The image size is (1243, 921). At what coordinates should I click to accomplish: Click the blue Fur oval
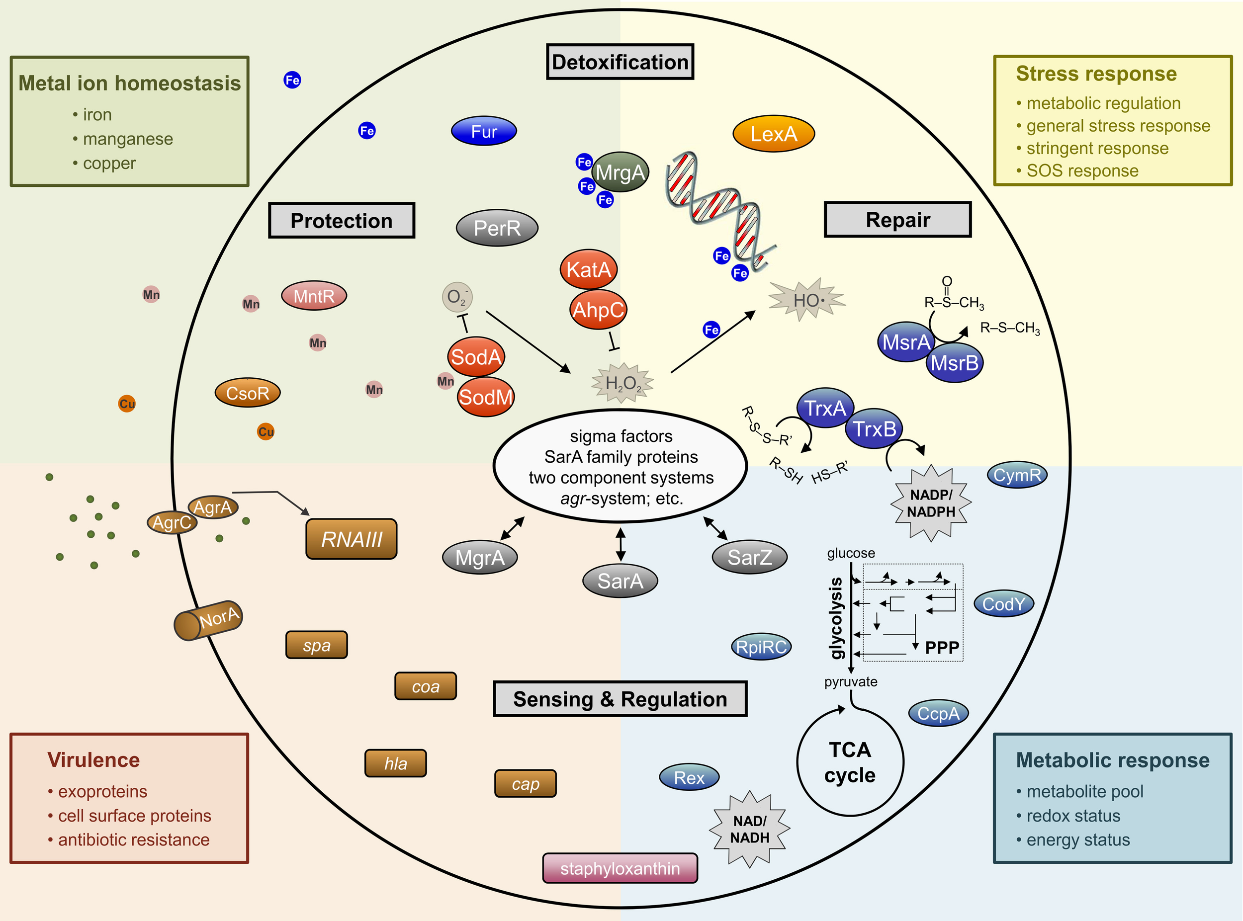pos(483,132)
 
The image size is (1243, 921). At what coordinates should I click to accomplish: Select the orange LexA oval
pos(774,134)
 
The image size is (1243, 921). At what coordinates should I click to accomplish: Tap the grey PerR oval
pos(497,228)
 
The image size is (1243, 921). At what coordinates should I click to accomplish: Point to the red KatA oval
pos(588,270)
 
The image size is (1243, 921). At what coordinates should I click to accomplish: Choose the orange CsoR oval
pos(248,393)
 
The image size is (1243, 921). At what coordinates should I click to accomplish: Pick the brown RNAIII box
pos(352,539)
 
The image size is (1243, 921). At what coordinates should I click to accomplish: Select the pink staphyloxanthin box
pos(620,868)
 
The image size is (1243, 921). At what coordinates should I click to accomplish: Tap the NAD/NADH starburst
pos(749,829)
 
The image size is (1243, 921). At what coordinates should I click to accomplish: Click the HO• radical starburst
pos(807,300)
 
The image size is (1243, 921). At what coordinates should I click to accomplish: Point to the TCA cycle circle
pos(850,762)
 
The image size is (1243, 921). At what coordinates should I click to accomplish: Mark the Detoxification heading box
pos(620,62)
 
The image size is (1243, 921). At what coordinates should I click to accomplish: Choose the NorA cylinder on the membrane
pos(208,620)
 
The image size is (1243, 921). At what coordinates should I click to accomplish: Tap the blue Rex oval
pos(689,777)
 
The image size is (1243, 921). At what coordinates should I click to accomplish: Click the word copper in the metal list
pos(109,164)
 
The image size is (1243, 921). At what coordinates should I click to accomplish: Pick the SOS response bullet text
pos(1082,170)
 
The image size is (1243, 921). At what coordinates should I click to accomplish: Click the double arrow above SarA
pos(620,544)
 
